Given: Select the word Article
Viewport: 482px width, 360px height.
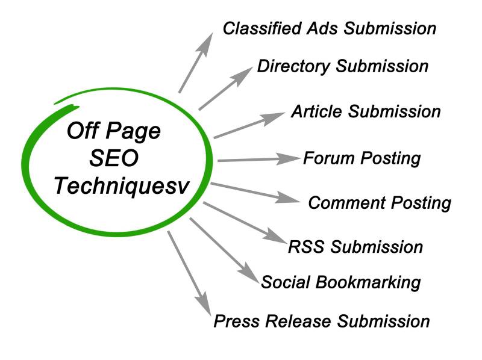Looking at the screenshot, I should (x=318, y=112).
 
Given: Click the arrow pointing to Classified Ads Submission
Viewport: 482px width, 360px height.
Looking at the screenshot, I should (x=196, y=63).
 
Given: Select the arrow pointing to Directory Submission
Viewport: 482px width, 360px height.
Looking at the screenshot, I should (x=225, y=88).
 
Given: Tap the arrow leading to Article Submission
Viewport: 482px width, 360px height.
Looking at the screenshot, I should (x=250, y=125).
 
